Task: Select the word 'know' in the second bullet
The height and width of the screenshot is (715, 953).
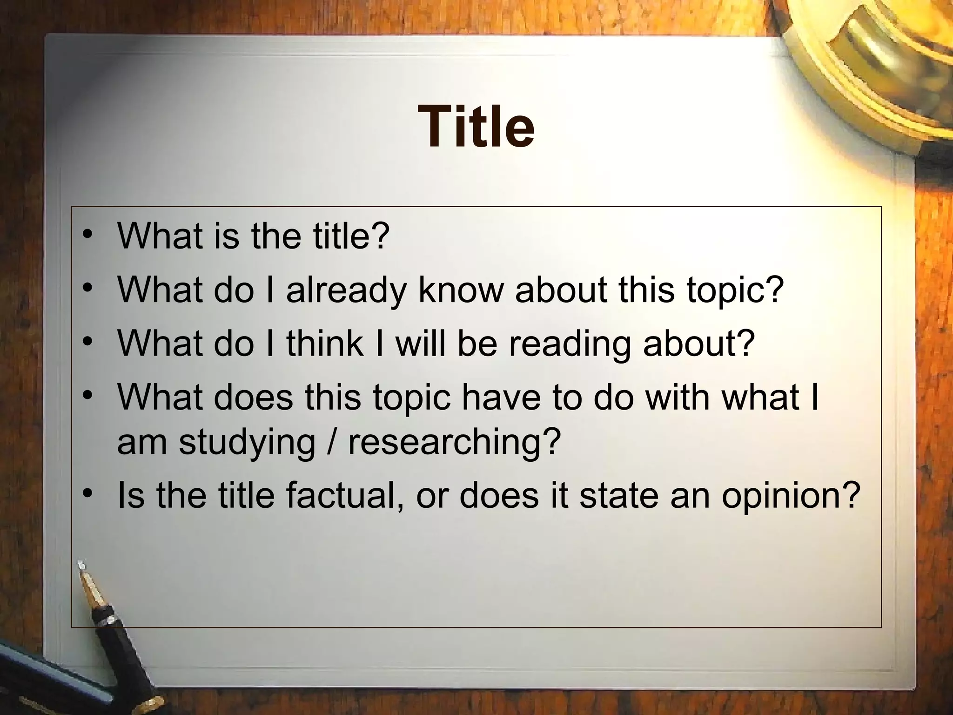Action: [x=461, y=290]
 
